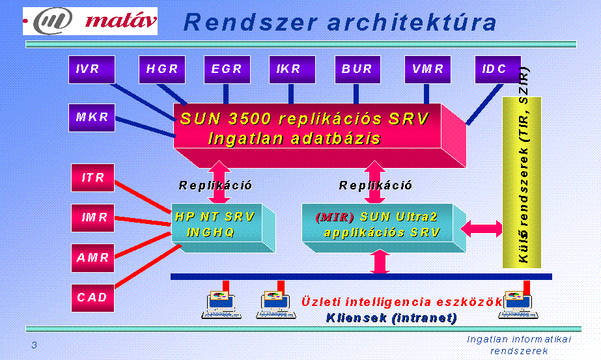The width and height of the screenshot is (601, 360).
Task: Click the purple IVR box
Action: click(92, 70)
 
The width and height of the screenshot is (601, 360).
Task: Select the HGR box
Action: click(161, 70)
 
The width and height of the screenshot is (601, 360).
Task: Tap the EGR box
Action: click(227, 70)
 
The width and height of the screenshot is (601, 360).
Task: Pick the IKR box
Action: click(292, 70)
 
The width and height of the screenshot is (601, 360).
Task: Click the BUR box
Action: click(357, 70)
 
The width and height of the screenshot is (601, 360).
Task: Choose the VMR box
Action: click(428, 70)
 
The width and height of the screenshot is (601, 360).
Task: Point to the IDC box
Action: click(498, 70)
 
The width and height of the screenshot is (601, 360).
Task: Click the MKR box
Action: click(92, 118)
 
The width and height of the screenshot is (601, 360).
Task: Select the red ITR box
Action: click(92, 178)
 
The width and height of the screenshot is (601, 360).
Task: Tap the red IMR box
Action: click(92, 218)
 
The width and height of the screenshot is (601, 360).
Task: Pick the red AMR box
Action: click(92, 258)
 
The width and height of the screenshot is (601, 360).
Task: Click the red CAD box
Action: click(92, 298)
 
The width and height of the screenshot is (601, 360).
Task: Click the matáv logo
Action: click(90, 21)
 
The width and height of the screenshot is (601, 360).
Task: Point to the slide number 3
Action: click(34, 345)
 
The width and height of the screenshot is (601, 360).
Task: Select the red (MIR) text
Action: click(335, 217)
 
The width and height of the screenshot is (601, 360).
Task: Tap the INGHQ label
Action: click(210, 232)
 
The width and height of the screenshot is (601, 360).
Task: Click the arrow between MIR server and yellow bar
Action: click(481, 229)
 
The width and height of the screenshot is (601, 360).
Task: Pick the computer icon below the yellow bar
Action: click(518, 305)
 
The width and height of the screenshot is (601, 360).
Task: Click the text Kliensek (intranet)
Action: click(391, 318)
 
